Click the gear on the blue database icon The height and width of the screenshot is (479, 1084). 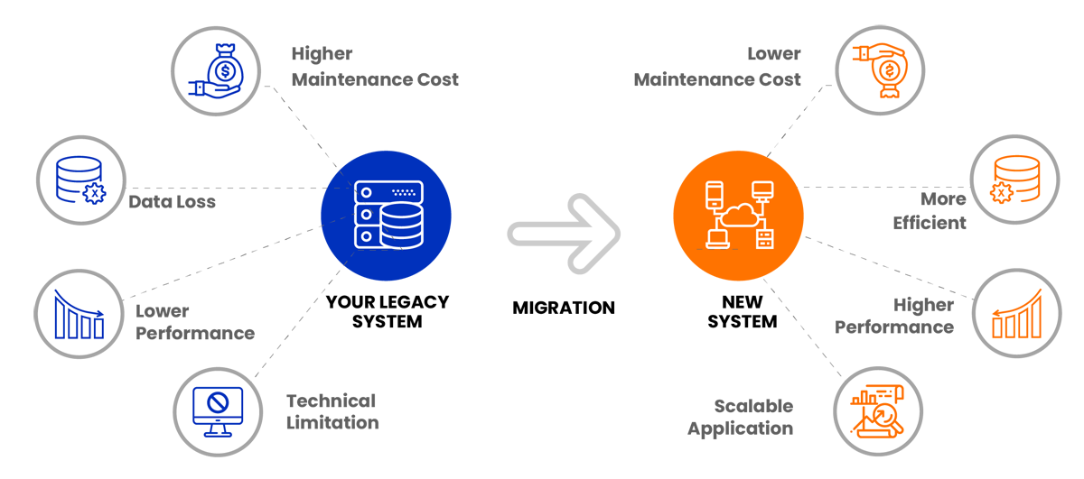[90, 192]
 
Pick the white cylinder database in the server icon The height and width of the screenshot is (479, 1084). [401, 225]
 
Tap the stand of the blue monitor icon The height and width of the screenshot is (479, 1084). [219, 429]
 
